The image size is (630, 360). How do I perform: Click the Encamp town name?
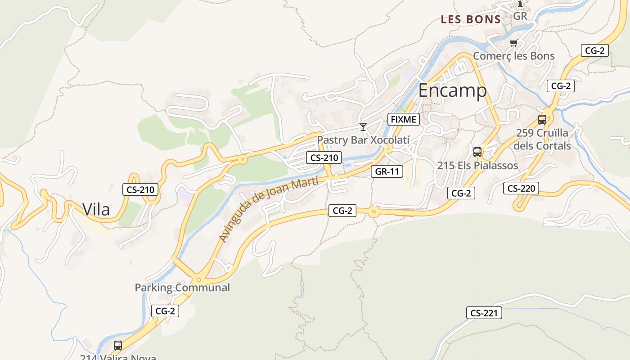point(452,90)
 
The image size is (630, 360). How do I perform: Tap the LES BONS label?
point(471,19)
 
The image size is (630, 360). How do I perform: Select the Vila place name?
point(96,209)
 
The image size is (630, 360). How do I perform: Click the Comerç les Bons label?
point(513,56)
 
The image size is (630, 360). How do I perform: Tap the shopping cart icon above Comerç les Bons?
point(513,43)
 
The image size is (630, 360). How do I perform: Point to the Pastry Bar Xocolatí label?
point(363,140)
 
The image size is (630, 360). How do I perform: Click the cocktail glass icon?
point(363,127)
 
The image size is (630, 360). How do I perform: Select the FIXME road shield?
point(404,119)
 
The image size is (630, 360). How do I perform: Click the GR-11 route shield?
point(387,171)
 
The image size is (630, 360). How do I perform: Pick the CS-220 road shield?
point(521,188)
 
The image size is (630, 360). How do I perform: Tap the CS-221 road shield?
point(484,313)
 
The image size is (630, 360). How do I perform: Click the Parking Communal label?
point(182,288)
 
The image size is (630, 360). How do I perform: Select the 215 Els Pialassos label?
point(477,166)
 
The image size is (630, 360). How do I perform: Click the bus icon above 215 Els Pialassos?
point(477,152)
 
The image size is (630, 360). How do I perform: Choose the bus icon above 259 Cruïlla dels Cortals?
point(542,120)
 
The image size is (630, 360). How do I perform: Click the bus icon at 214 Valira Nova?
point(118,346)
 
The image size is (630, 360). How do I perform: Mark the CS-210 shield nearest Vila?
point(140,189)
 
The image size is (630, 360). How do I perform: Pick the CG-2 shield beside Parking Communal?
point(165,310)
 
